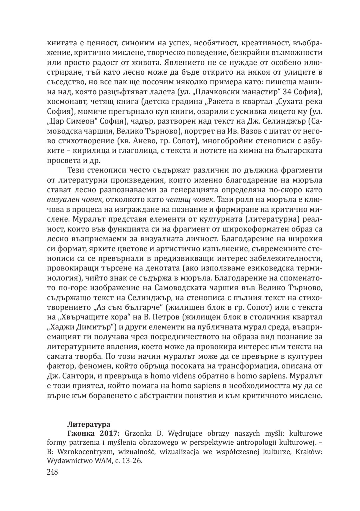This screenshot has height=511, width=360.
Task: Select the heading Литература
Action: tap(89, 425)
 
